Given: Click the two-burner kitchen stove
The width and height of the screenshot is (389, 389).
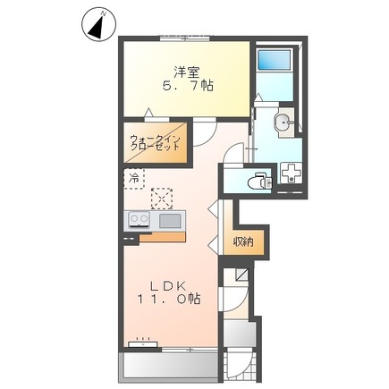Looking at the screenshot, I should click(140, 219).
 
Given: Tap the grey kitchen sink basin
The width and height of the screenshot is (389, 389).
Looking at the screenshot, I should click(168, 219).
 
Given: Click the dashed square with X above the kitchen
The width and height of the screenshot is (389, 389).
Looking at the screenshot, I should click(162, 196).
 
